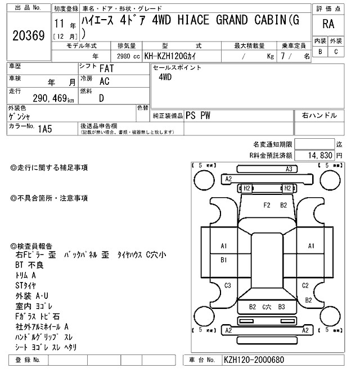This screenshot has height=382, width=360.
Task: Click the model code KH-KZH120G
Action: pos(174,57)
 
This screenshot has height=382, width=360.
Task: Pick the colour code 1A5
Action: pos(45,128)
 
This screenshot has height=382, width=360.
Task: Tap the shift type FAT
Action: pos(105,69)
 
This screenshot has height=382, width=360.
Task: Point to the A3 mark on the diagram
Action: pos(290,169)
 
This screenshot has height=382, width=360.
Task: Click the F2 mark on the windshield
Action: pos(268,205)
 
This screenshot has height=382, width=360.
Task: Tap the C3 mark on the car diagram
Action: pos(227,285)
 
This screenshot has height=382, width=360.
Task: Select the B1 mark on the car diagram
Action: pos(223,260)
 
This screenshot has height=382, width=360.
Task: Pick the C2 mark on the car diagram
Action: pos(305,285)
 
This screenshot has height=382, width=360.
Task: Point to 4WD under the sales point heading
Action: pos(165,78)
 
